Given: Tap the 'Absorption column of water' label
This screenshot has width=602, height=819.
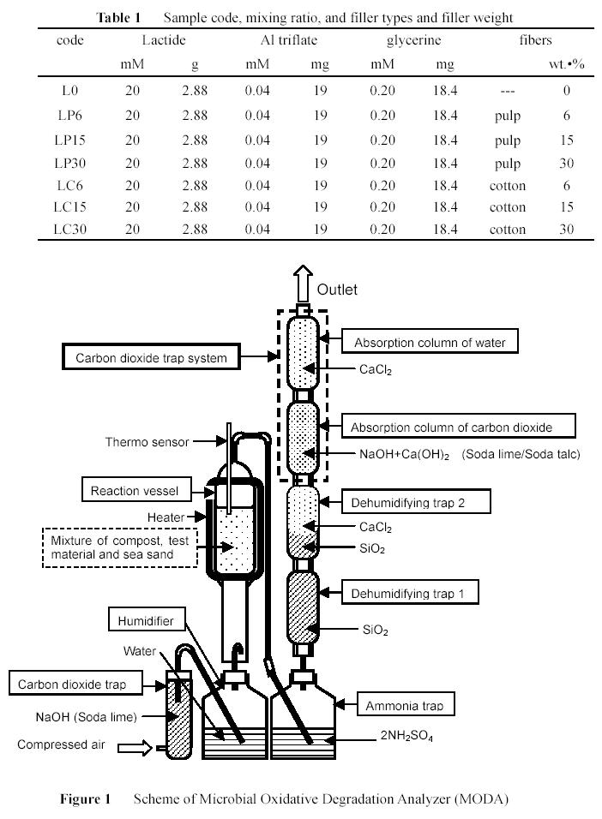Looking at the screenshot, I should [x=430, y=343].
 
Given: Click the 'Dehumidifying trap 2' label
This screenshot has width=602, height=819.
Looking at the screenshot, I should [x=415, y=500].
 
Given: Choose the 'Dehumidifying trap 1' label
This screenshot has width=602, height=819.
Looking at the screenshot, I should [x=415, y=592].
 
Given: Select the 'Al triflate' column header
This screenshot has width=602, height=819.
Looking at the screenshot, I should [x=286, y=40].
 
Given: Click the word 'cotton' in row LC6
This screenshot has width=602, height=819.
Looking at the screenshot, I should [x=507, y=185].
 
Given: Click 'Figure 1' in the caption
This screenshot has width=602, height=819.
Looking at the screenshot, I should [x=86, y=799].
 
